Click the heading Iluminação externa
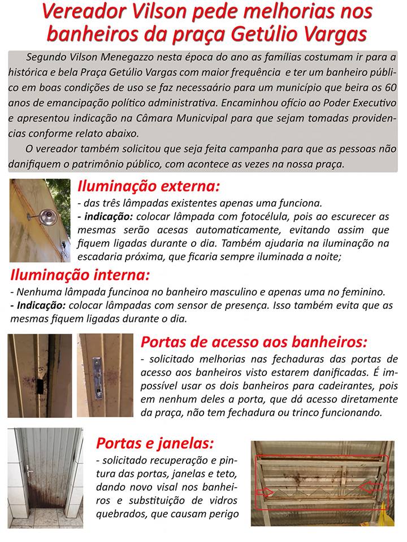point(148,186)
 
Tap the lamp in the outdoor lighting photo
point(49,217)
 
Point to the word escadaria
point(105,256)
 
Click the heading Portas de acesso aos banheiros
point(253,342)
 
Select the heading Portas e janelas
point(156,442)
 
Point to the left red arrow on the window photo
point(271,492)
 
